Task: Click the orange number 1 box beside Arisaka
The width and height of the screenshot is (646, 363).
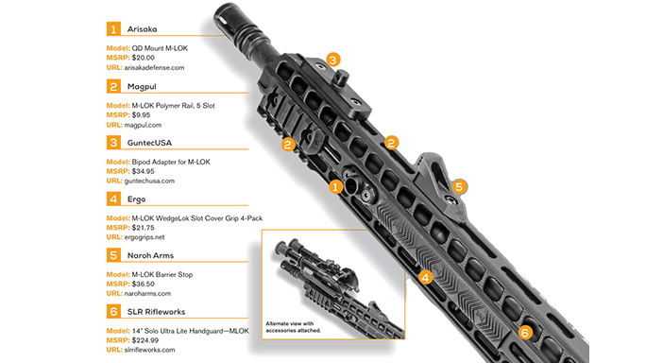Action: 113,28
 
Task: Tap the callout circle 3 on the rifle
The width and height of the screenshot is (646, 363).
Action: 333,60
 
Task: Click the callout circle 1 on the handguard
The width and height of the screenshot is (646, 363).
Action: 335,186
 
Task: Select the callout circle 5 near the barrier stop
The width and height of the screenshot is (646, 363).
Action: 460,186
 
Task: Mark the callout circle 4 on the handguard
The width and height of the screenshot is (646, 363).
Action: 426,277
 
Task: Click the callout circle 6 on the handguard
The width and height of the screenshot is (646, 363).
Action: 526,332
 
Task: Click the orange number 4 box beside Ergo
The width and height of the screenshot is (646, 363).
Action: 113,200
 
